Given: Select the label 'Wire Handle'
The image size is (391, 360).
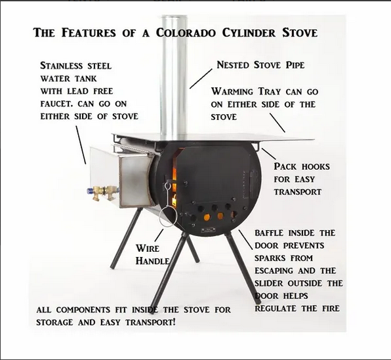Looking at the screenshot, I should tap(152, 254).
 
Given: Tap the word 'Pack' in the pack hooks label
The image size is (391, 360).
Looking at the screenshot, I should tap(287, 167).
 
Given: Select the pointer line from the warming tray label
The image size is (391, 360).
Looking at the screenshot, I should tap(277, 123).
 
